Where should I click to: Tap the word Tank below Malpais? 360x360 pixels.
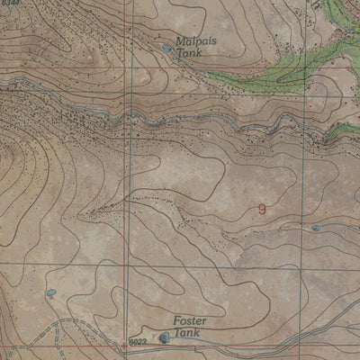pyautogui.click(x=191, y=54)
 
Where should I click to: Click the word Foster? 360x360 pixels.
pyautogui.click(x=190, y=321)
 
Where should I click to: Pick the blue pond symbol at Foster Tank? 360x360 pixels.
pyautogui.click(x=164, y=338)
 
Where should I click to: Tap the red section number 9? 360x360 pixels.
pyautogui.click(x=262, y=208)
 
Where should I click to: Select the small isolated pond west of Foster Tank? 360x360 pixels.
pyautogui.click(x=50, y=292)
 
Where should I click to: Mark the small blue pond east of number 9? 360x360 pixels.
pyautogui.click(x=315, y=228)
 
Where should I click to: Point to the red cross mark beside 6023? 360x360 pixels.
pyautogui.click(x=123, y=346)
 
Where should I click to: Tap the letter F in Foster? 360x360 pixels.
pyautogui.click(x=176, y=321)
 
